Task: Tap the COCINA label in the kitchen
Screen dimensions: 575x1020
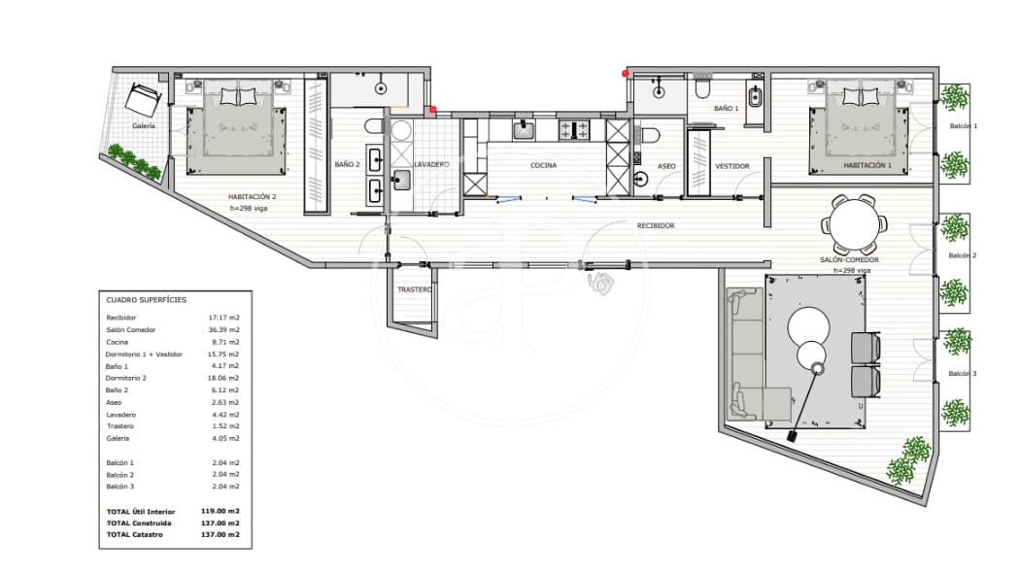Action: tap(543, 165)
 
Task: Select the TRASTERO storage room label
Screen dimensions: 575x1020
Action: tap(415, 289)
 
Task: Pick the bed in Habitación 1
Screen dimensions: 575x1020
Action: tap(859, 121)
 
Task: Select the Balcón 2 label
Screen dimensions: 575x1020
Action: tap(961, 255)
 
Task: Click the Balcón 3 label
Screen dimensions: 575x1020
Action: tap(961, 374)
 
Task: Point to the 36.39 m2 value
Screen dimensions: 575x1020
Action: tap(224, 330)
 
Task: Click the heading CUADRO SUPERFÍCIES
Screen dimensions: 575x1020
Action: tap(147, 301)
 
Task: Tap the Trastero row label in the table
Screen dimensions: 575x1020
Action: tap(120, 426)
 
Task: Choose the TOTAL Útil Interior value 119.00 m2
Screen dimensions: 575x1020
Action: tap(221, 511)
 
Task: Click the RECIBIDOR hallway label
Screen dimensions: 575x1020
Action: tap(655, 225)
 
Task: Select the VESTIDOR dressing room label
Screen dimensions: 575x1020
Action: tap(731, 166)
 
